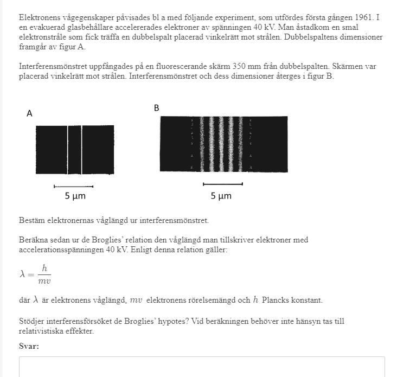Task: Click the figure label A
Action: [x=29, y=114]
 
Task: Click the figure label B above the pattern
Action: [x=157, y=108]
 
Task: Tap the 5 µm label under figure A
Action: [x=75, y=196]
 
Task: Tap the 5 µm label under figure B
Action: [x=221, y=196]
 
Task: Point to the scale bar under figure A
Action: [x=74, y=187]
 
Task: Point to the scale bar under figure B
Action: [x=222, y=184]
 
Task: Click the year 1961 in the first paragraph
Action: [x=364, y=17]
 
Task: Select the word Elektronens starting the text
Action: [x=39, y=17]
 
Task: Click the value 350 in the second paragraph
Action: [x=240, y=67]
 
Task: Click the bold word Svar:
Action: [x=29, y=346]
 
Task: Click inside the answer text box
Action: [x=202, y=367]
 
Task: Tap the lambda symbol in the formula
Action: [x=23, y=274]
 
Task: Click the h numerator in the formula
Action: [x=44, y=268]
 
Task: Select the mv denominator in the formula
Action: [x=44, y=281]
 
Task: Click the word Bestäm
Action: [x=31, y=220]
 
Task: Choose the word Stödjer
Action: [x=33, y=321]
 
